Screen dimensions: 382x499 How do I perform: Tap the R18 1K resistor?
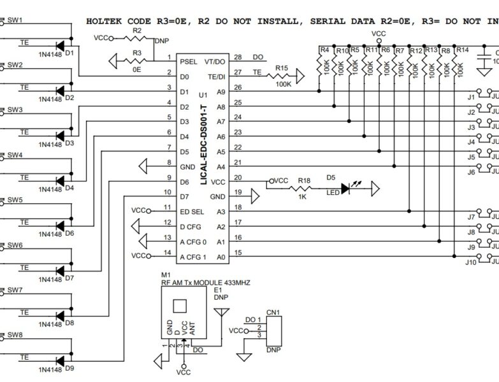pyautogui.click(x=305, y=188)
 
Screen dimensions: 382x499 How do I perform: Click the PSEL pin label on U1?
pyautogui.click(x=189, y=62)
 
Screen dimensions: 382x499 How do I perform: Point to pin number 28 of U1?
pyautogui.click(x=238, y=57)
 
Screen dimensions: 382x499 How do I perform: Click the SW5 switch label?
pyautogui.click(x=15, y=200)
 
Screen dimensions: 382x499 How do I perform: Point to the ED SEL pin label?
pyautogui.click(x=192, y=210)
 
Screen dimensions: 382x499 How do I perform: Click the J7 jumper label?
pyautogui.click(x=472, y=217)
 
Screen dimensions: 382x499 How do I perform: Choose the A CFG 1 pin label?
pyautogui.click(x=193, y=257)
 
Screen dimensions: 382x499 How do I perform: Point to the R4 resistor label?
pyautogui.click(x=324, y=50)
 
